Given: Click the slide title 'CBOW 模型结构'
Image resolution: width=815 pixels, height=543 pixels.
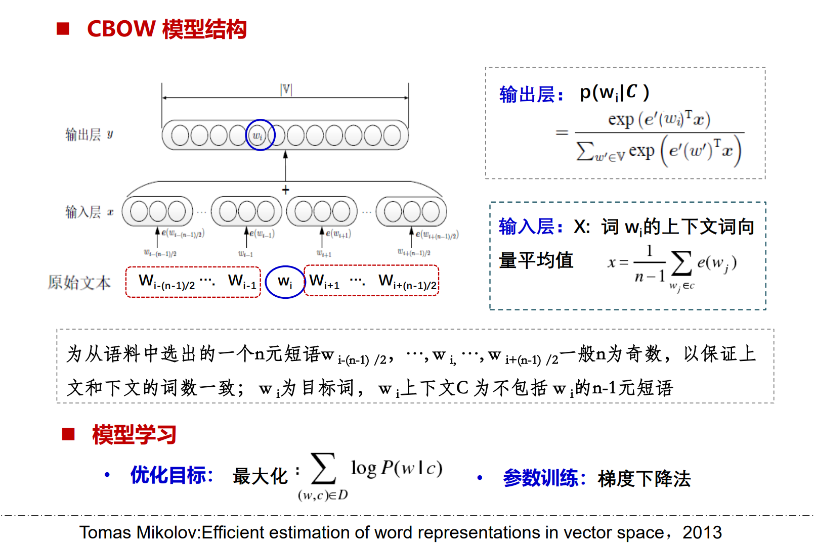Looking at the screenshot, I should (166, 29).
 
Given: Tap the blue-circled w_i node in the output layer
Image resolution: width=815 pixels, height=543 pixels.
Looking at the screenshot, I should (260, 135).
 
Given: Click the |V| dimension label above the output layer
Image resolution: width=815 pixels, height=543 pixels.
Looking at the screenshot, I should (286, 89).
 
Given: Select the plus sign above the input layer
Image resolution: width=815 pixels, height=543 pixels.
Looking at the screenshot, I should (285, 190).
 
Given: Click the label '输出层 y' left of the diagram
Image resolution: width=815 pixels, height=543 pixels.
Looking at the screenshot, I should (89, 134).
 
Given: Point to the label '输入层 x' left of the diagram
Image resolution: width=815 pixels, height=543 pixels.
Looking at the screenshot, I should (89, 212).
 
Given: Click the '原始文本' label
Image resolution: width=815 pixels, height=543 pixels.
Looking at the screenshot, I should (79, 282).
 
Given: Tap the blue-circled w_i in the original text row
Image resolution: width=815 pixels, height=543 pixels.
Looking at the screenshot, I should (285, 282).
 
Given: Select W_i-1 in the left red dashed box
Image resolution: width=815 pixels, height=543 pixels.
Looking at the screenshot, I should (242, 282).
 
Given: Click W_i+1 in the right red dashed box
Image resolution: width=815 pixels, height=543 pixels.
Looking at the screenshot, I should (324, 282).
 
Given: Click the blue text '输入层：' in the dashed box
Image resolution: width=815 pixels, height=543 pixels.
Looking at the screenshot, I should (531, 227).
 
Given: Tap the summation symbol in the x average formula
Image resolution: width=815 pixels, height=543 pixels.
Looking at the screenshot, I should (681, 263).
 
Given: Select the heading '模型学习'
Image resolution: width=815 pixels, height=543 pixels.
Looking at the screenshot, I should (134, 434).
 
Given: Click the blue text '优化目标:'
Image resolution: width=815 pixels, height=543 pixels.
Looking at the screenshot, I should (171, 475).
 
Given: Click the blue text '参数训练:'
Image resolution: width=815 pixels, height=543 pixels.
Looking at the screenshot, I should (544, 478).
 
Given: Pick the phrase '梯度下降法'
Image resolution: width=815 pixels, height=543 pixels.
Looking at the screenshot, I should (644, 478).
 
